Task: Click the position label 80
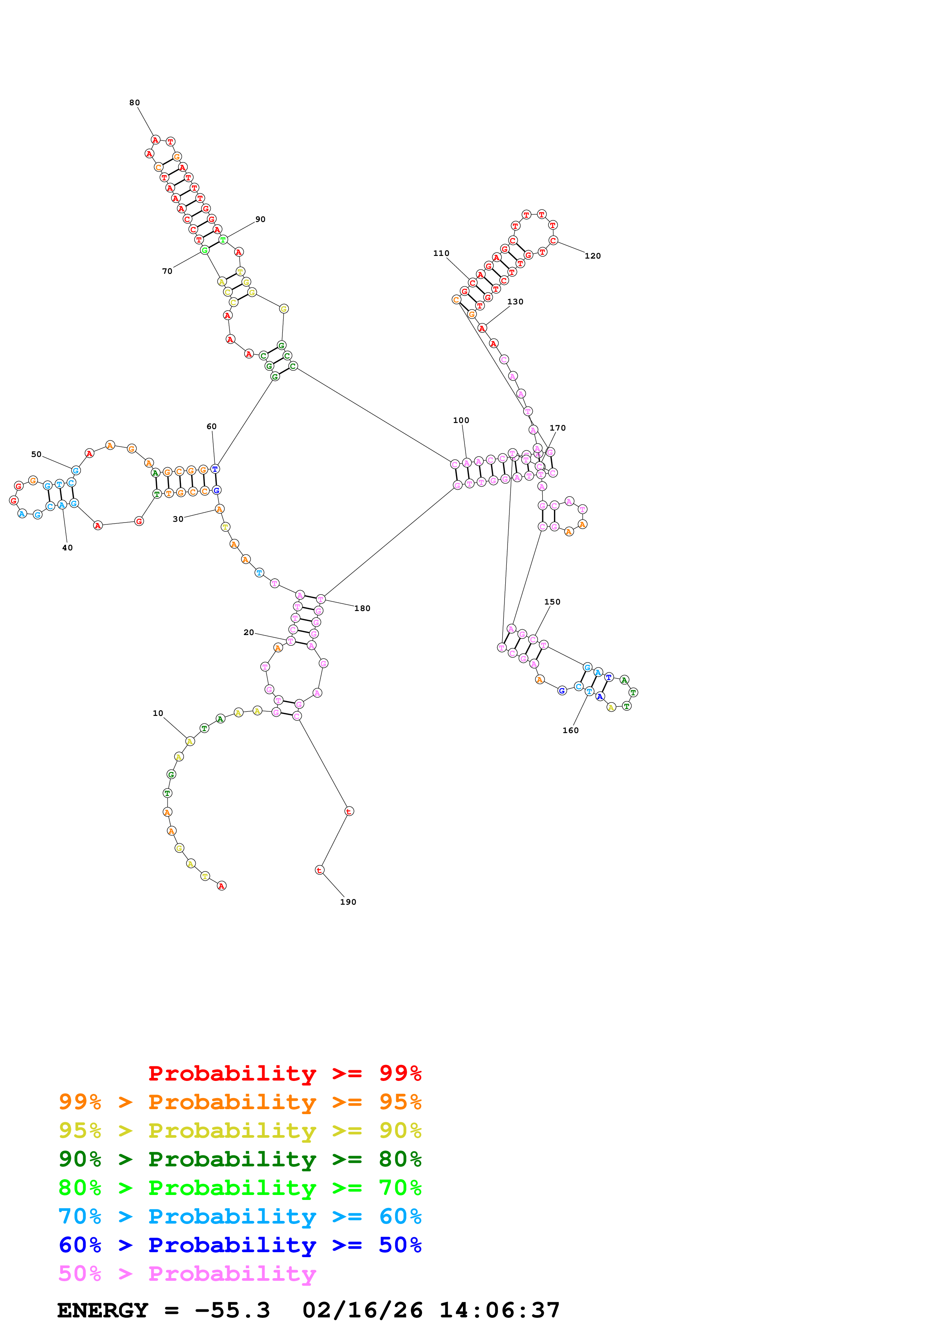tap(135, 103)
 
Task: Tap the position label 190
tap(348, 902)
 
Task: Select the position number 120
tap(592, 256)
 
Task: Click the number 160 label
tap(570, 731)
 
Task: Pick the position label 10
tap(158, 713)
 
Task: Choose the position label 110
tap(441, 254)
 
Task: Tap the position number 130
tap(515, 302)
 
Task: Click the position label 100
tap(461, 420)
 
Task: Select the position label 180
tap(362, 608)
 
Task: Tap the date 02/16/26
tap(362, 1311)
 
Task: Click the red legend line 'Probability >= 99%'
tap(284, 1073)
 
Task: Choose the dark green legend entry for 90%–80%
tap(240, 1159)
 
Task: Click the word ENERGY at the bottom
tap(103, 1311)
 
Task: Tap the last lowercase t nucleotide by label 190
tap(319, 870)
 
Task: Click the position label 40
tap(68, 548)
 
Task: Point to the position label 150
tap(552, 602)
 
